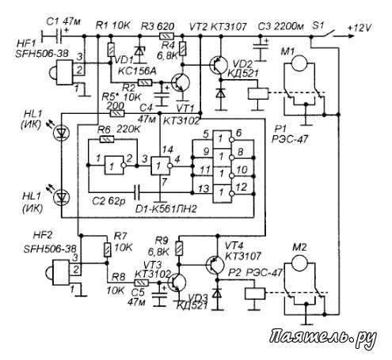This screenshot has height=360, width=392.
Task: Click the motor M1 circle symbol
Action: coord(299,63)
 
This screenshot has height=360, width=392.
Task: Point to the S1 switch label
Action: coord(318,26)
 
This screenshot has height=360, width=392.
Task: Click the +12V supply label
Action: coord(360,28)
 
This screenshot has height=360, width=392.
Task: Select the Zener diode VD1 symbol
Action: coord(139,50)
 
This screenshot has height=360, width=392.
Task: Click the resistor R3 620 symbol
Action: coord(166,36)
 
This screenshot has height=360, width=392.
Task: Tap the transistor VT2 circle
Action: coord(219,65)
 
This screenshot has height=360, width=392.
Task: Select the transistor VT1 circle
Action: coord(181,82)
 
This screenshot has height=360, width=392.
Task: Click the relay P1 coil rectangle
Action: coord(258,93)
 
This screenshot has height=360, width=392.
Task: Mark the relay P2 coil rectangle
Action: coord(255,294)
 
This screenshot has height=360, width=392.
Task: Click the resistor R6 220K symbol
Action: coord(107,139)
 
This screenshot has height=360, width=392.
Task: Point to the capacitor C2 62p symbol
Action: coord(137,191)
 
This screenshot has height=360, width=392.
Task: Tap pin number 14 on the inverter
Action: coord(167,150)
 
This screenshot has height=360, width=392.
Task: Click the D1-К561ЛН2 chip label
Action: coord(166,209)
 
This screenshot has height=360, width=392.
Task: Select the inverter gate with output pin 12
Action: coord(223,194)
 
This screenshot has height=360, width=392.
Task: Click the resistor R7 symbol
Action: coord(107,249)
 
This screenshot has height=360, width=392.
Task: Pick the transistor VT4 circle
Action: coord(215,264)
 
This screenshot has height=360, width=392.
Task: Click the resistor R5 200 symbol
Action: coord(116,113)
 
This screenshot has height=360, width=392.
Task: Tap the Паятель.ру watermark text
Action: coord(323,338)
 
